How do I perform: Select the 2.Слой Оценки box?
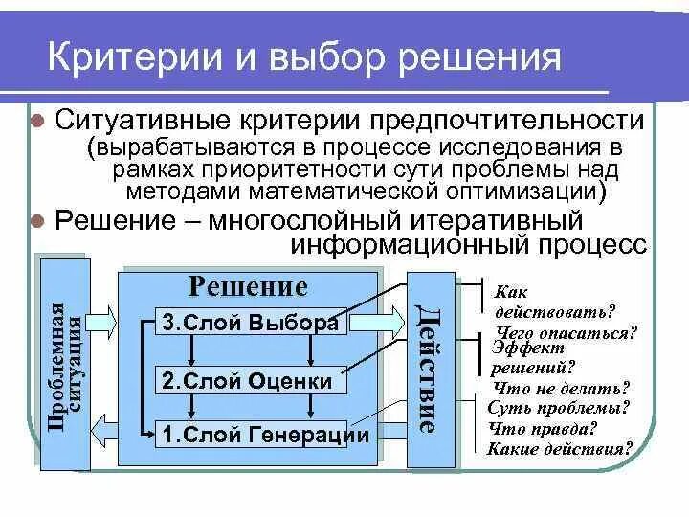pyautogui.click(x=247, y=381)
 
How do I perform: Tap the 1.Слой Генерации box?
pyautogui.click(x=264, y=435)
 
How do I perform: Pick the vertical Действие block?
pyautogui.click(x=427, y=369)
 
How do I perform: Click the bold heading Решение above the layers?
pyautogui.click(x=247, y=286)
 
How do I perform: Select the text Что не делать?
pyautogui.click(x=561, y=389)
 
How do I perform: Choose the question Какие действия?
pyautogui.click(x=561, y=447)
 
